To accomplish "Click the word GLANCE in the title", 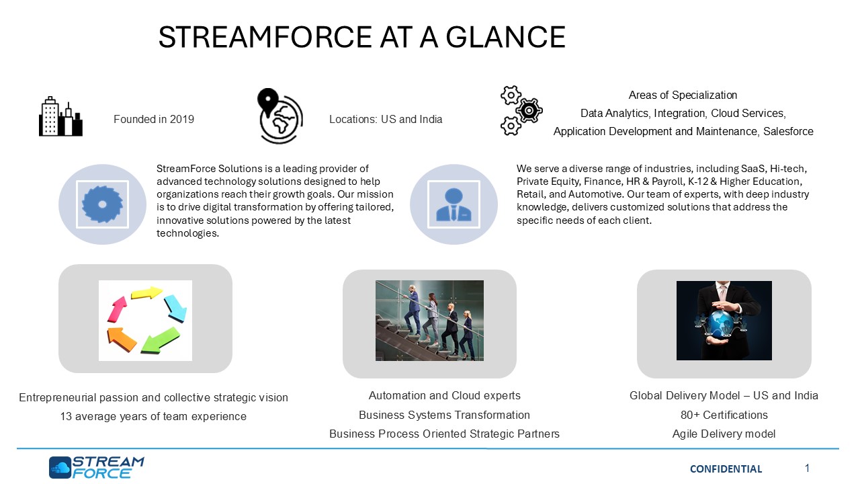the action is pyautogui.click(x=505, y=37).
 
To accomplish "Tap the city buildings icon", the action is pyautogui.click(x=60, y=116).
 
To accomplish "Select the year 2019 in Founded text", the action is pyautogui.click(x=182, y=120).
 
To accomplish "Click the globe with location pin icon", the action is pyautogui.click(x=280, y=116).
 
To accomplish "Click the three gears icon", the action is pyautogui.click(x=521, y=111).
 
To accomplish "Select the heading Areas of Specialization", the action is pyautogui.click(x=683, y=95).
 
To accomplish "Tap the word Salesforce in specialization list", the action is pyautogui.click(x=788, y=131).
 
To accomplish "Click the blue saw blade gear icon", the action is pyautogui.click(x=102, y=204).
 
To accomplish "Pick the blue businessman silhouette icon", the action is pyautogui.click(x=454, y=204).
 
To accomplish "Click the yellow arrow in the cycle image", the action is pyautogui.click(x=146, y=292).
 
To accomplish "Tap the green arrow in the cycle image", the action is pyautogui.click(x=160, y=339).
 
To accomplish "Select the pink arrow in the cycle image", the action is pyautogui.click(x=117, y=309).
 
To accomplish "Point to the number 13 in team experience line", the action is pyautogui.click(x=66, y=416).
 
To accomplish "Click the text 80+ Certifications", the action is pyautogui.click(x=724, y=415).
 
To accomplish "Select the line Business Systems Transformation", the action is pyautogui.click(x=444, y=415).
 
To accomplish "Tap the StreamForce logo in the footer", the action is pyautogui.click(x=96, y=467).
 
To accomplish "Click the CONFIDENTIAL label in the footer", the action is pyautogui.click(x=726, y=469).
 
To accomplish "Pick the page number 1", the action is pyautogui.click(x=807, y=469).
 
